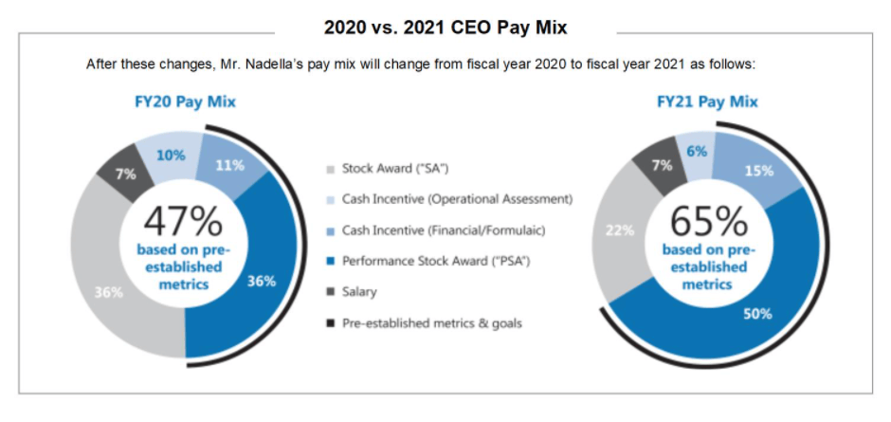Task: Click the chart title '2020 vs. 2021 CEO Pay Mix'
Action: [x=445, y=28]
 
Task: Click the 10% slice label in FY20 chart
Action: [x=171, y=155]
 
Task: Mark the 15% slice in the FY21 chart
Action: [x=758, y=171]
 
